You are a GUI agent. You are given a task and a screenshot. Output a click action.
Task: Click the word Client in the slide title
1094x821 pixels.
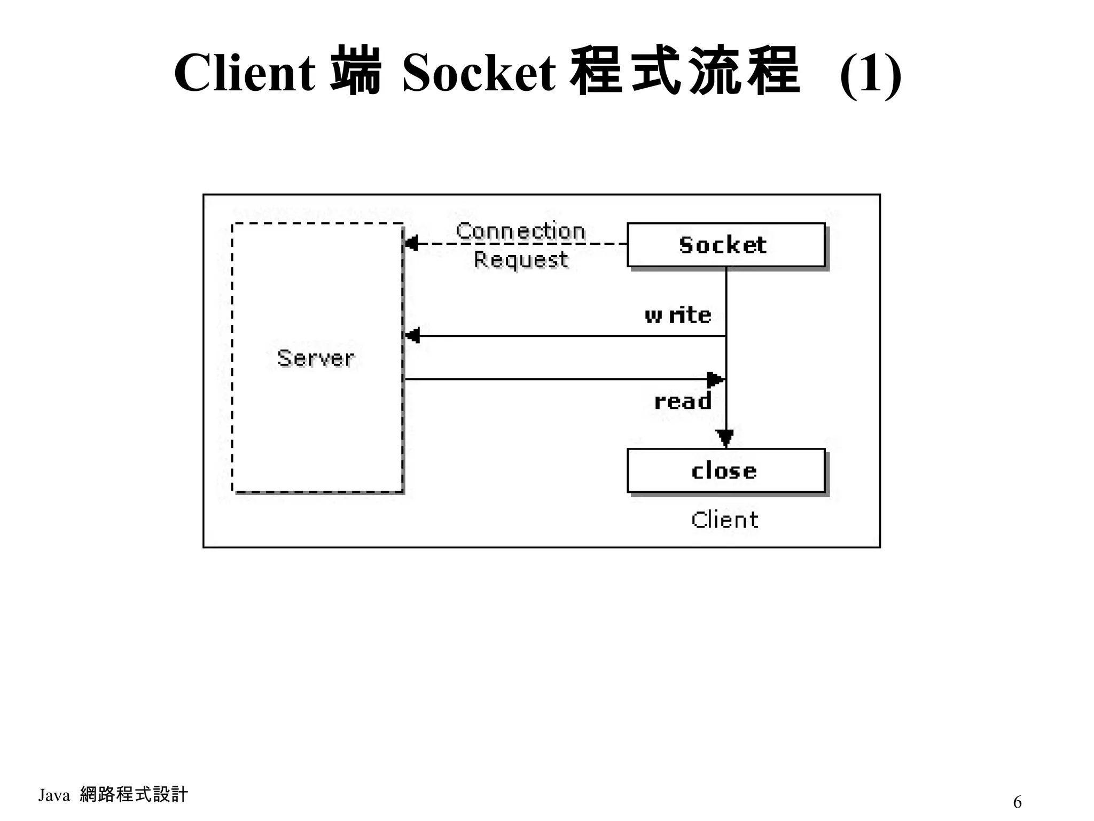pos(244,73)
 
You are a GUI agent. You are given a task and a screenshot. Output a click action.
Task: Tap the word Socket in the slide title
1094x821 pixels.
pos(479,73)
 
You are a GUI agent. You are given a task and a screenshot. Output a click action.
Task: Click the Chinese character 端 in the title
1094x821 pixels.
pos(356,72)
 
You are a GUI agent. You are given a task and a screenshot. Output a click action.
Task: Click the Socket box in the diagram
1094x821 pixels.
pos(725,245)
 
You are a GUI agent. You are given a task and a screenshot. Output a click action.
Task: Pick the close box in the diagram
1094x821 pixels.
pos(725,470)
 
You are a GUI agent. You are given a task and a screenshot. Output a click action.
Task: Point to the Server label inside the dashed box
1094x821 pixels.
pos(316,358)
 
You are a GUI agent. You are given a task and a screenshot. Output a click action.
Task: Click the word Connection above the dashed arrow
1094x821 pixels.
pos(520,231)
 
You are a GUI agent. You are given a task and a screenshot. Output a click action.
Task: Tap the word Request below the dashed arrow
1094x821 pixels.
pos(521,260)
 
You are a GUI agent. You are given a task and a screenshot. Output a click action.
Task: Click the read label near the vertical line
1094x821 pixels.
pos(683,401)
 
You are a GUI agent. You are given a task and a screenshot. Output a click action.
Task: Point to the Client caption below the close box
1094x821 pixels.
pos(724,520)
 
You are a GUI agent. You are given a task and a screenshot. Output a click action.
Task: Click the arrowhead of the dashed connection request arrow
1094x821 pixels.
pos(411,244)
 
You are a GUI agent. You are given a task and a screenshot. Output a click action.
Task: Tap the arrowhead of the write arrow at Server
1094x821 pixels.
pos(412,336)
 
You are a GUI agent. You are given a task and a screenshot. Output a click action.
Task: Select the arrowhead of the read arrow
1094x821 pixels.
pos(716,379)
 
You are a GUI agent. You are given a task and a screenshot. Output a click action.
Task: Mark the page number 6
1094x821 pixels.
pos(1017,802)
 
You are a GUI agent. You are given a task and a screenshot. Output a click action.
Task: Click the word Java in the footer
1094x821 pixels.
pos(54,795)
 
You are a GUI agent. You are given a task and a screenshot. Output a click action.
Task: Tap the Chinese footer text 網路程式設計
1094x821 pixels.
pos(134,795)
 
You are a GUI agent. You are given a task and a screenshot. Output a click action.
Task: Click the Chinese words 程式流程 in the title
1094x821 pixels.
pos(685,72)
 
